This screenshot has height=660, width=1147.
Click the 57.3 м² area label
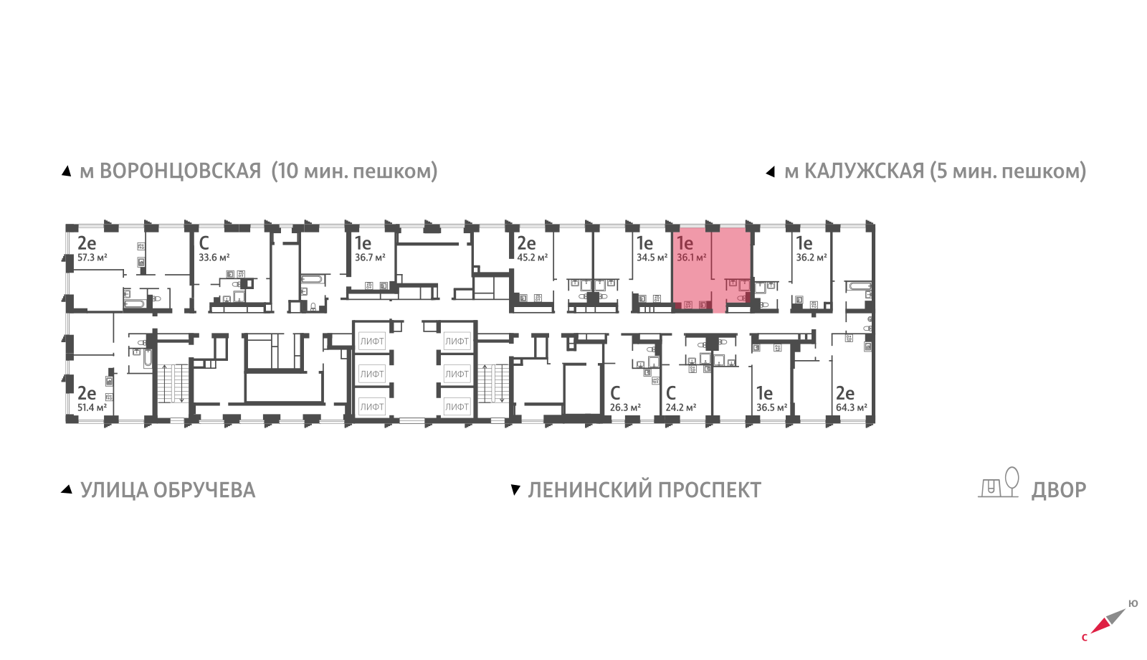(x=92, y=258)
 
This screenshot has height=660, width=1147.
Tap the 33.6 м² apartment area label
(x=214, y=258)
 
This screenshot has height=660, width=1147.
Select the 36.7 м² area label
(x=370, y=258)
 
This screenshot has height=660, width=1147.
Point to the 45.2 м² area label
(x=533, y=258)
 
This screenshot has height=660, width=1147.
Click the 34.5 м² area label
(x=652, y=258)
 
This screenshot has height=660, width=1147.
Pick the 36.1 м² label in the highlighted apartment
(x=692, y=258)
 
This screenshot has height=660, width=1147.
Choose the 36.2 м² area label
(x=811, y=258)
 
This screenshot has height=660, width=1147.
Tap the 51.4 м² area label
(x=92, y=408)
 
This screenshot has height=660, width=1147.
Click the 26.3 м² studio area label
(x=625, y=408)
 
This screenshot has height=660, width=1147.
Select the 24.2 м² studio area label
(x=680, y=408)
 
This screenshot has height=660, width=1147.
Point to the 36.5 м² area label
(x=771, y=408)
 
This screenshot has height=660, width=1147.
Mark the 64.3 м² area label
(x=852, y=408)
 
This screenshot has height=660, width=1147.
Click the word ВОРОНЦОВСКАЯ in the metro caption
(x=180, y=171)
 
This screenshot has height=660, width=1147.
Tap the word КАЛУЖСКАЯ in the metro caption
(x=865, y=171)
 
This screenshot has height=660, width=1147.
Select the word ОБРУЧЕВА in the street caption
(x=204, y=491)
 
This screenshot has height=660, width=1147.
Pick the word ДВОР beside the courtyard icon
(x=1058, y=491)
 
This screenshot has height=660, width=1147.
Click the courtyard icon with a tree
(x=999, y=482)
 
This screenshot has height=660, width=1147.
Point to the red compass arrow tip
(x=1090, y=633)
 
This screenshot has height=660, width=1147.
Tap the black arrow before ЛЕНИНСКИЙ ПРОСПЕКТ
(x=515, y=490)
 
